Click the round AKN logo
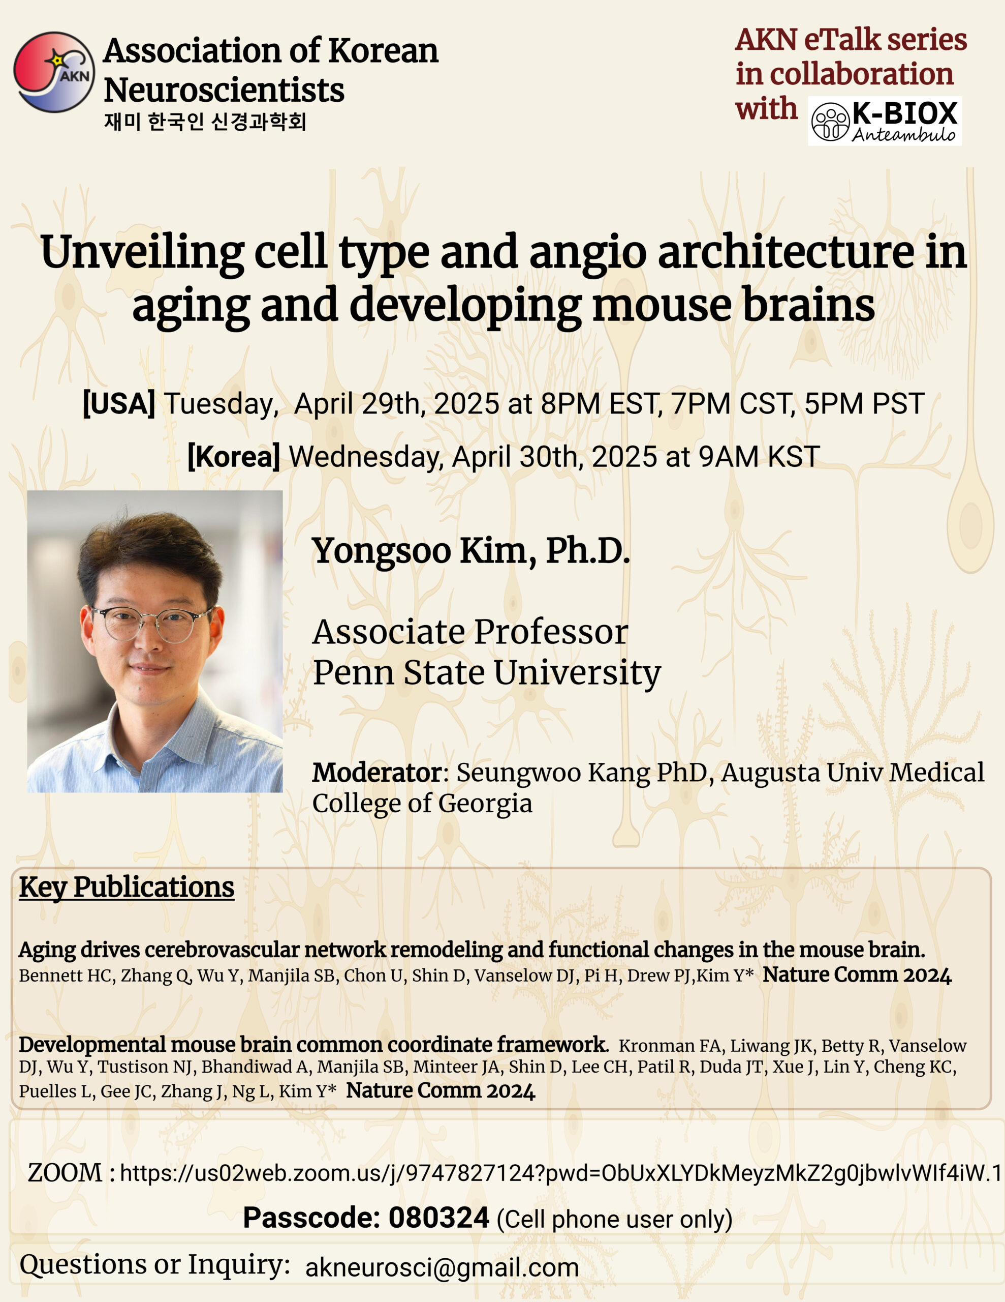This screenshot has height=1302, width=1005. point(54,72)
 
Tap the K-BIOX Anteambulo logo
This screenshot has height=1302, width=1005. point(884,121)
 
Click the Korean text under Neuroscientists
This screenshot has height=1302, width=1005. point(205,122)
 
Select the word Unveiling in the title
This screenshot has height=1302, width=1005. point(142,253)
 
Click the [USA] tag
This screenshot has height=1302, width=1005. point(118,404)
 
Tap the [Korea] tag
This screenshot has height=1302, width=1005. point(233,457)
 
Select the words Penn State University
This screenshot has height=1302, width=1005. point(487,672)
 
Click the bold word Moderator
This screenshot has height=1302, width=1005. point(376,773)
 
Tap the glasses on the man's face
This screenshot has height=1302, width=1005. point(154,624)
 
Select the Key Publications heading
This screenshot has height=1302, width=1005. point(127,887)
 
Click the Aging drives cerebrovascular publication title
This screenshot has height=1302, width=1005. point(471,950)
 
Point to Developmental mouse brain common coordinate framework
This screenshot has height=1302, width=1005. point(313,1045)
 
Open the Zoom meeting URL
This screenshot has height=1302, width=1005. point(560,1173)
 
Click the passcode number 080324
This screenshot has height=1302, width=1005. point(438,1218)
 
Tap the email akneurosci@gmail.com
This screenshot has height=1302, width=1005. point(442,1267)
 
